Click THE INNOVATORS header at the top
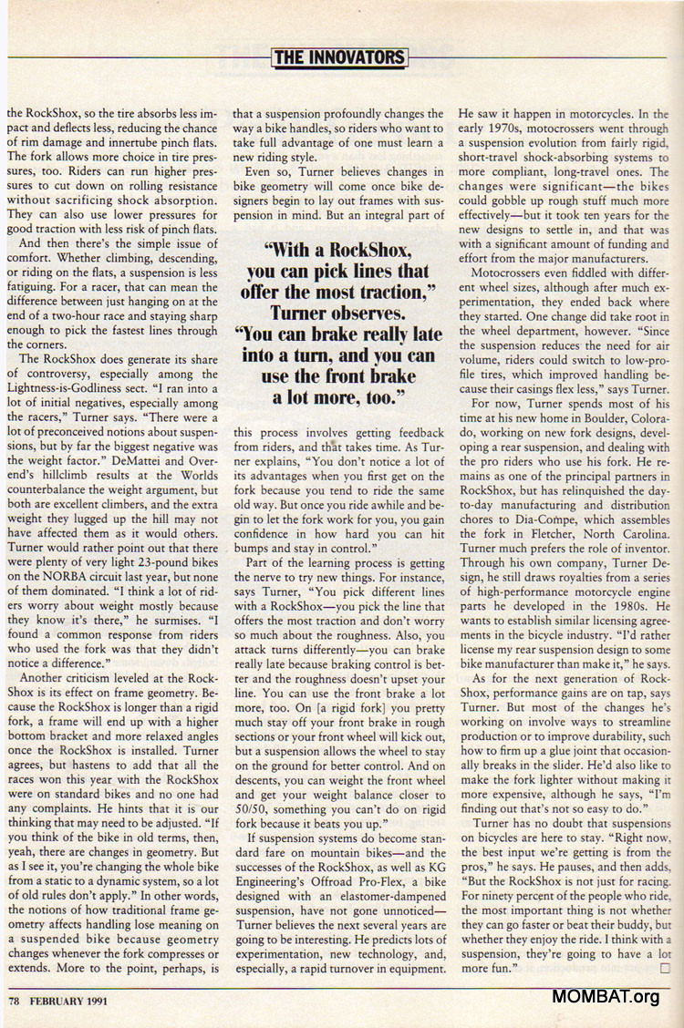pyautogui.click(x=340, y=57)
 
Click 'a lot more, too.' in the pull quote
pyautogui.click(x=338, y=396)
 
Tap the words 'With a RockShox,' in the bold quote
pyautogui.click(x=338, y=250)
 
